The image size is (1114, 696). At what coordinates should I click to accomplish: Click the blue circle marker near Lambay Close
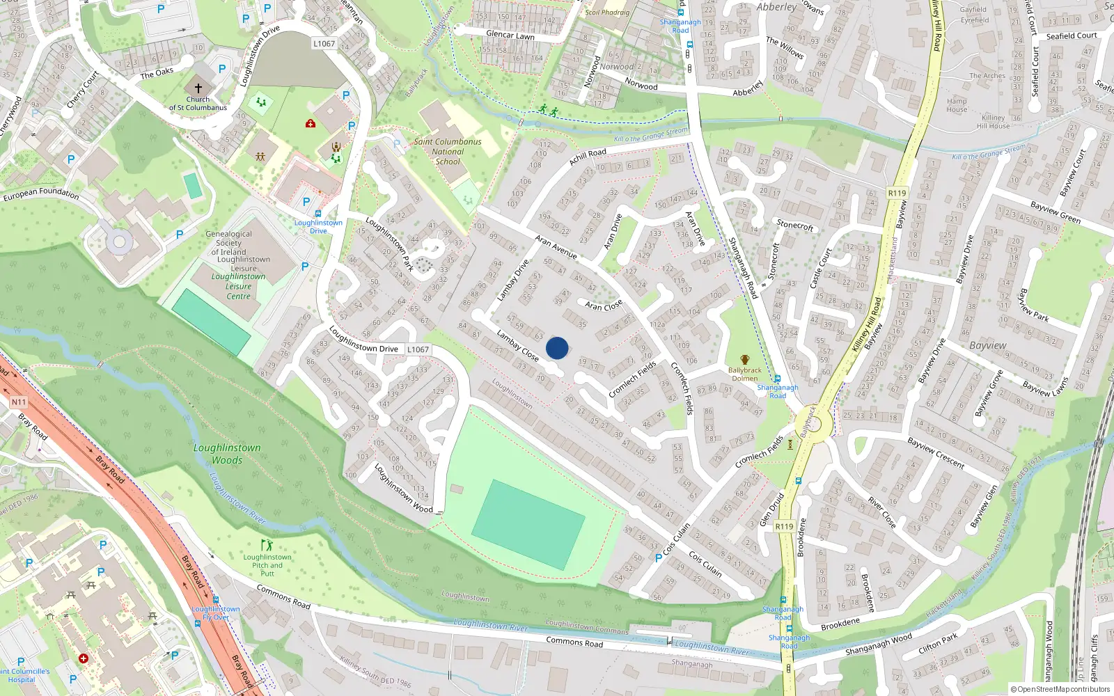tap(557, 348)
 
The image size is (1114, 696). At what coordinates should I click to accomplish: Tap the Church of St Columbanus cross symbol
tap(198, 88)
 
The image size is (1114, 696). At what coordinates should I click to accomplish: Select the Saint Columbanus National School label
tap(448, 151)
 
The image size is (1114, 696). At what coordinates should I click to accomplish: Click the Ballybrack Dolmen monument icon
tap(745, 360)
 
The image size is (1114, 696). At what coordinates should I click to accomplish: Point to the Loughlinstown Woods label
tap(227, 454)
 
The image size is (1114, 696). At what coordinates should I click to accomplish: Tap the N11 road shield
tap(19, 402)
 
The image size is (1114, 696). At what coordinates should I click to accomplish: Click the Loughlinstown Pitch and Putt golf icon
tap(267, 545)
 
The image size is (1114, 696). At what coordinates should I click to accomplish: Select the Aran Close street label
tap(604, 306)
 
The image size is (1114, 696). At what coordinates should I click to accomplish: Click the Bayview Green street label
tap(1056, 213)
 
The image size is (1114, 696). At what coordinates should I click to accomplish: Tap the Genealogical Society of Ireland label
tap(228, 243)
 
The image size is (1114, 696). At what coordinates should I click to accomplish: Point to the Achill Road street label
tap(588, 157)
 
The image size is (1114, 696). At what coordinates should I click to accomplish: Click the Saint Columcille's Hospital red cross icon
tap(84, 658)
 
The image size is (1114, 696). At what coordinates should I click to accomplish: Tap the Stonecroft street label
tap(795, 226)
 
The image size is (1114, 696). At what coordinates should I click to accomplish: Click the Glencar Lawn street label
tap(510, 35)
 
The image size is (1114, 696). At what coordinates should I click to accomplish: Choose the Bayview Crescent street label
tap(936, 453)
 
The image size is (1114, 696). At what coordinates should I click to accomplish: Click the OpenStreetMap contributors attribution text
tap(1060, 689)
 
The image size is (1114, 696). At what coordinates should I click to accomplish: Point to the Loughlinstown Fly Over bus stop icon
tap(216, 599)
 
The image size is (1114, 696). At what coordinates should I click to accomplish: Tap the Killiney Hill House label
tap(993, 122)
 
